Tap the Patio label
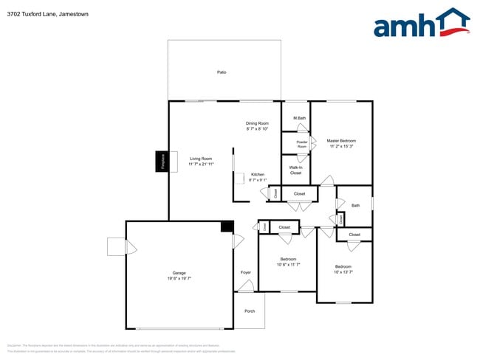(x=221, y=72)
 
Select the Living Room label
(x=201, y=159)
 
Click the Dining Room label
(x=257, y=123)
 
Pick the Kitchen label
(x=257, y=175)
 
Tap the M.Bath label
(x=300, y=119)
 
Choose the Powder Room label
(x=301, y=144)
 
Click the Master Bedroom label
(x=341, y=140)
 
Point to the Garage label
(x=179, y=272)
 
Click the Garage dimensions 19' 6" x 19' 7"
(x=179, y=278)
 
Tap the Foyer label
(x=246, y=272)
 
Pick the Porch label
(x=250, y=311)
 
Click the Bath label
(x=355, y=206)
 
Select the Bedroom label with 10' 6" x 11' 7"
(x=288, y=259)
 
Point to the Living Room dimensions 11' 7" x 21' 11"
(x=201, y=165)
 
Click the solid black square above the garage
(x=227, y=226)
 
